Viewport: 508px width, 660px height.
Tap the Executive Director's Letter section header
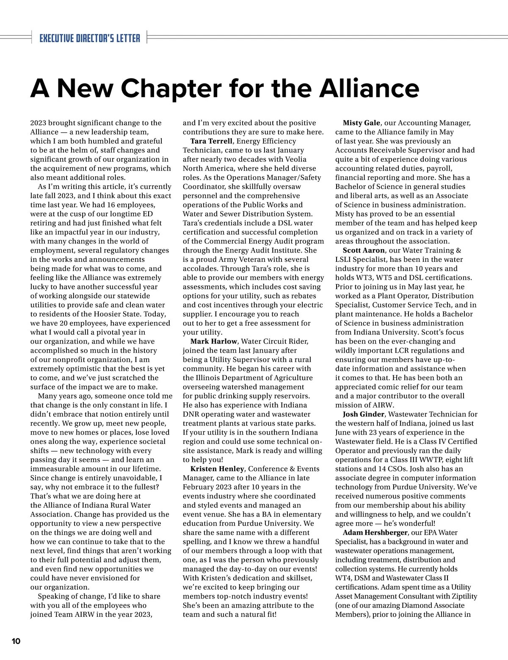click(89, 38)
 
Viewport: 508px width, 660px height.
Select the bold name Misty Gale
click(361, 123)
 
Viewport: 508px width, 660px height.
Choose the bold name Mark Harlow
click(213, 341)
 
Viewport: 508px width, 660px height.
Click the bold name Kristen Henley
click(217, 469)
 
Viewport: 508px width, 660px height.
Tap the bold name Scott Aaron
click(364, 250)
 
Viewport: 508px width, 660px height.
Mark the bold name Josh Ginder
click(364, 414)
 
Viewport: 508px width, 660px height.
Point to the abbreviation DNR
click(191, 414)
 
